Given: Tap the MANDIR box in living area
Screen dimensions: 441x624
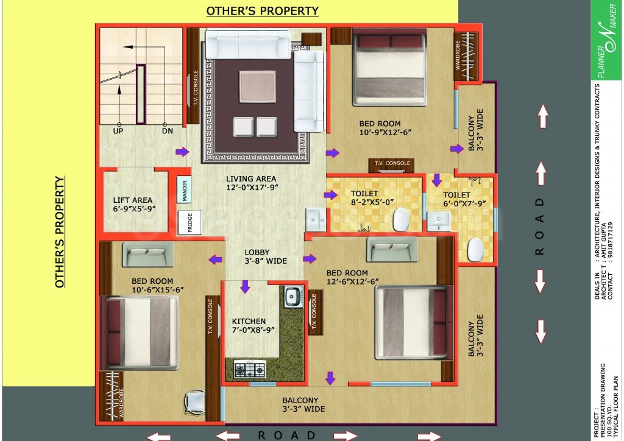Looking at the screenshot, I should click(x=185, y=190).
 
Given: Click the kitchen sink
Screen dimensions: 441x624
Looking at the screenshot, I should click(x=292, y=297).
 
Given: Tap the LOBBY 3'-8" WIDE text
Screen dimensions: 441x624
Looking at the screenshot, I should click(x=265, y=256).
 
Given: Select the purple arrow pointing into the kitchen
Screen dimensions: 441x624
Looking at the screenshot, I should click(x=244, y=286).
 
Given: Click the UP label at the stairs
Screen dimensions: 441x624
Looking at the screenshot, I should click(x=118, y=130).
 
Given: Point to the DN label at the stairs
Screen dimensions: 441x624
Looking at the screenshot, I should click(x=167, y=130).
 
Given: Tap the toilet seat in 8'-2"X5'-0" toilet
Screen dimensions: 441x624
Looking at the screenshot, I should click(x=400, y=219).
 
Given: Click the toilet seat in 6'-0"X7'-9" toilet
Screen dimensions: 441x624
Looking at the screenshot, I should click(x=475, y=249).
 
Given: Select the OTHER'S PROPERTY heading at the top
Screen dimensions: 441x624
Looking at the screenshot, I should click(x=262, y=11).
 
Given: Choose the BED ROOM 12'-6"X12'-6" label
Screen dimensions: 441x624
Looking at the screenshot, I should click(x=353, y=277).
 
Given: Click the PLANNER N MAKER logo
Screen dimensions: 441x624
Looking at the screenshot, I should click(x=606, y=41).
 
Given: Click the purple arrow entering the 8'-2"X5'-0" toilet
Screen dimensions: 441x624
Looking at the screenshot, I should click(x=330, y=195).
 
